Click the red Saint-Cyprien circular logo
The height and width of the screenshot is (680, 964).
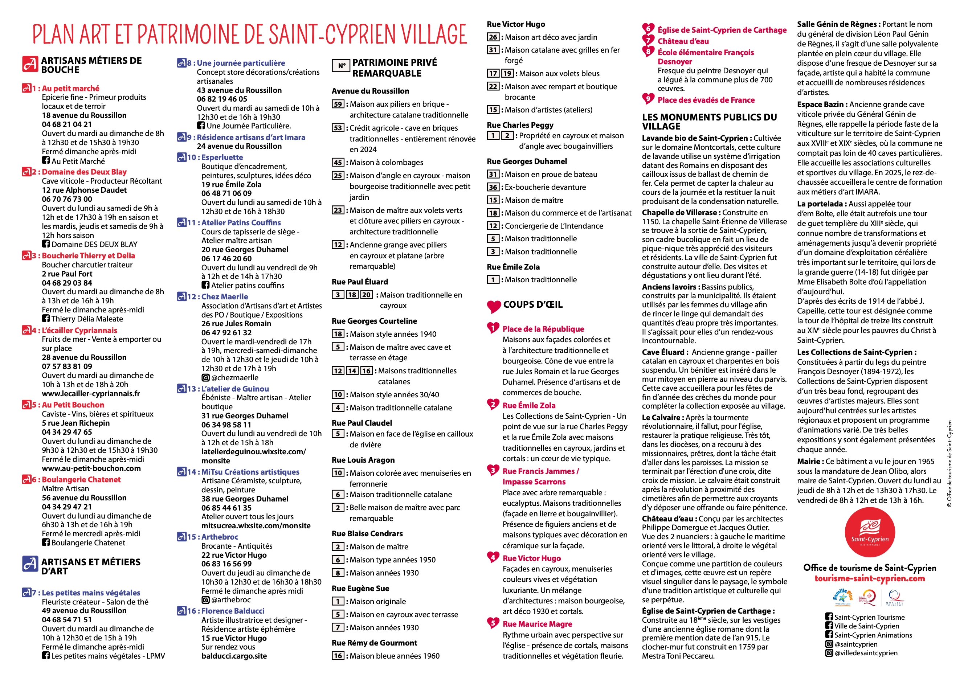pos(869,532)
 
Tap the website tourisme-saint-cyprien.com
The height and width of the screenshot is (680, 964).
pos(869,578)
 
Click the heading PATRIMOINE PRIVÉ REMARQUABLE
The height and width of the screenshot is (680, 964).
pos(394,68)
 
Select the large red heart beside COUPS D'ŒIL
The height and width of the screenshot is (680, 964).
pos(494,306)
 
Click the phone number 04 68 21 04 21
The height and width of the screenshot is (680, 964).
pos(66,124)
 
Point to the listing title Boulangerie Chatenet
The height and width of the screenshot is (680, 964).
pos(81,480)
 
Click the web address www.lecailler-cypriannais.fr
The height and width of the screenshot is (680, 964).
pos(91,394)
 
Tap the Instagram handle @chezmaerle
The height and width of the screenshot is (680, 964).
pos(234,378)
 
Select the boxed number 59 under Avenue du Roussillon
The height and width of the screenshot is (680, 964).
pos(338,104)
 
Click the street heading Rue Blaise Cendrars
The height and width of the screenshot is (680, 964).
pos(367,533)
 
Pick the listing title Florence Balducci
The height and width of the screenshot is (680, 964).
pos(233,611)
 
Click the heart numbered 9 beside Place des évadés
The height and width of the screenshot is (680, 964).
pos(648,99)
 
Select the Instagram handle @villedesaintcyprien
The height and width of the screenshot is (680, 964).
pos(866,653)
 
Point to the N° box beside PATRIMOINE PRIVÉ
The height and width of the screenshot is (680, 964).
pos(341,66)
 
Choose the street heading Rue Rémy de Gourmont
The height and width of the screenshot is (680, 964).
pos(374,643)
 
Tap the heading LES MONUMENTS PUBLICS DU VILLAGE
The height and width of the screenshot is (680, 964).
pos(709,122)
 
